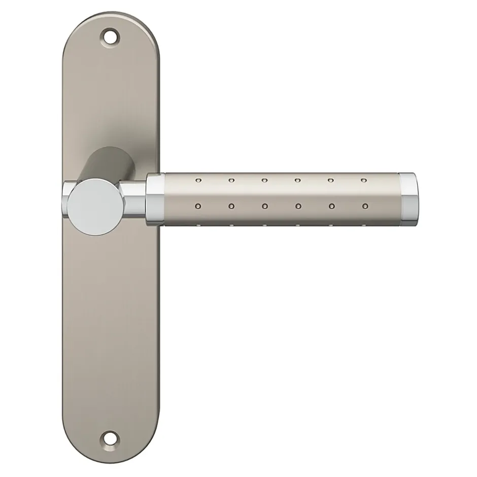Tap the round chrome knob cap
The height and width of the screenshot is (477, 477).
tap(90, 205)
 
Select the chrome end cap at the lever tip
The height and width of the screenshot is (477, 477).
tap(407, 198)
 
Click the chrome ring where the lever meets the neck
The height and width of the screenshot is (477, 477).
tap(155, 199)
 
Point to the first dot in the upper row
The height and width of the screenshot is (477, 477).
tap(197, 180)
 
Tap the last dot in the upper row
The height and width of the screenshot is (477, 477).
tap(363, 180)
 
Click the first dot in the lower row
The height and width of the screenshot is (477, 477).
tap(198, 207)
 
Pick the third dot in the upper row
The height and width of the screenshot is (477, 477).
tap(264, 180)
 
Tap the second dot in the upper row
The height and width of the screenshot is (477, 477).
tap(231, 180)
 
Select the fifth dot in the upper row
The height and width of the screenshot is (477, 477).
tap(331, 180)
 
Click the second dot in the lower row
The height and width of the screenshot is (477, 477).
tap(231, 207)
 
